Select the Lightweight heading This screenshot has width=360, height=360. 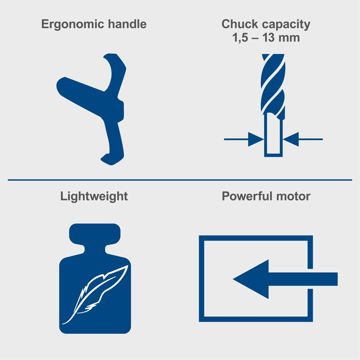(x=94, y=196)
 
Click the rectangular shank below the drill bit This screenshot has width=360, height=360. (x=273, y=136)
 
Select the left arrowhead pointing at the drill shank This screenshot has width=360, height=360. (x=256, y=139)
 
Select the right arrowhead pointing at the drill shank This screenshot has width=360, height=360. (x=291, y=139)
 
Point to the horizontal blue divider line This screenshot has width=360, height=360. (x=180, y=180)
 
